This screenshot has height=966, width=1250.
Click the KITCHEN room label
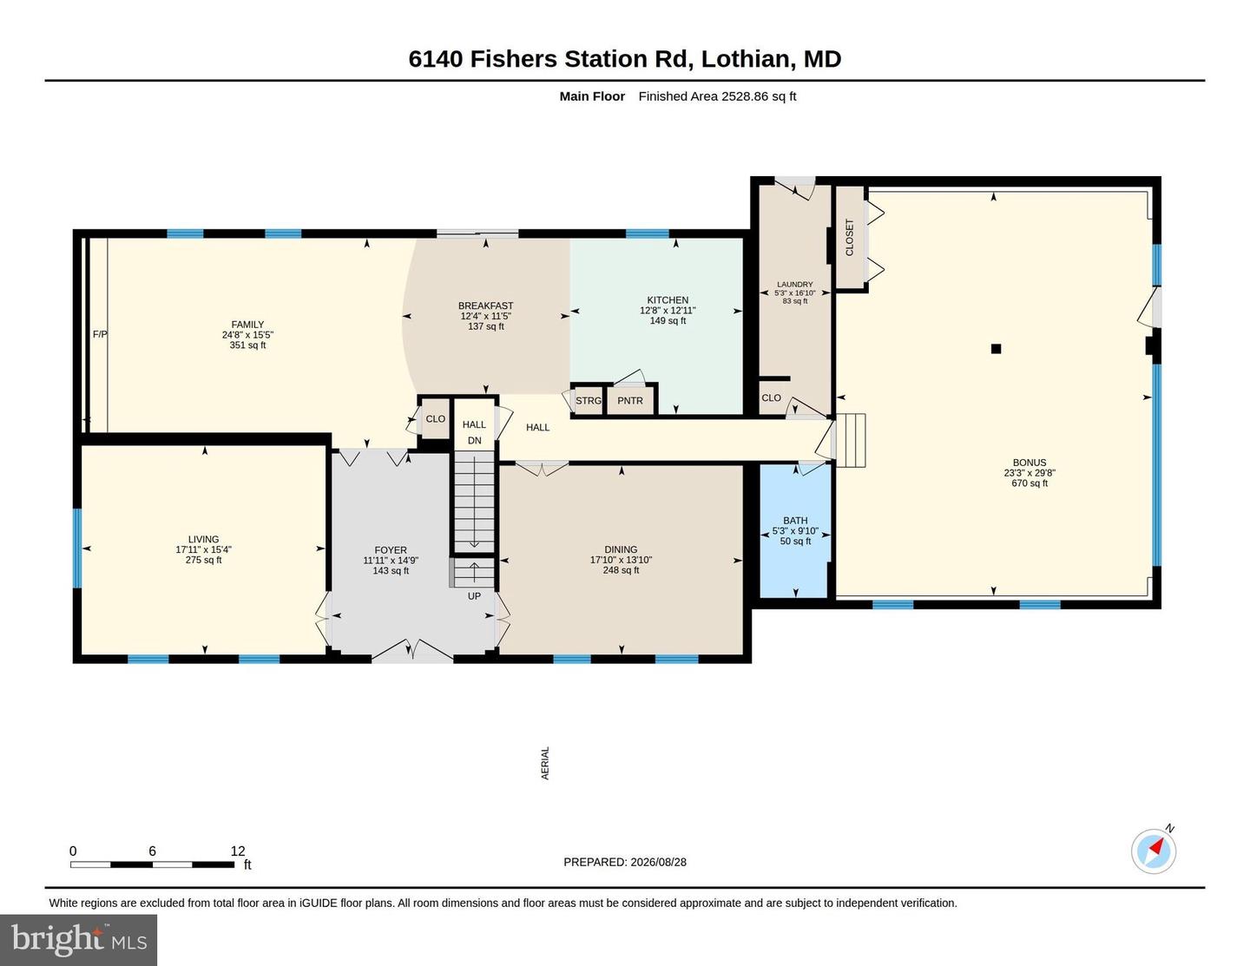[x=668, y=300]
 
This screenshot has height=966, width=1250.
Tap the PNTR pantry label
[x=630, y=401]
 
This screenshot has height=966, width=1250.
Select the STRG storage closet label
[x=589, y=401]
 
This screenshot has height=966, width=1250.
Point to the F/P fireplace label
[x=100, y=334]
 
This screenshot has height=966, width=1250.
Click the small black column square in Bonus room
[x=996, y=348]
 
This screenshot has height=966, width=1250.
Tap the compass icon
[x=1154, y=851]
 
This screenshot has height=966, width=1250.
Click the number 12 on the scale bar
[x=238, y=851]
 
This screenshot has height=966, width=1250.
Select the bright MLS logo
[x=78, y=939]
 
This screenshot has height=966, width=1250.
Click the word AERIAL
[x=545, y=763]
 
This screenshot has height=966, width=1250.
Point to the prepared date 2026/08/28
[x=658, y=862]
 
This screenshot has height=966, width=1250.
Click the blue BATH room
[x=795, y=530]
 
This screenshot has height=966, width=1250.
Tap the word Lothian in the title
[x=745, y=59]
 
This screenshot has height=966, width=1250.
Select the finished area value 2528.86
[x=745, y=96]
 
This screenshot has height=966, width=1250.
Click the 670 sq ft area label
[x=1030, y=483]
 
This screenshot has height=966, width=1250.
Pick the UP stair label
[x=474, y=596]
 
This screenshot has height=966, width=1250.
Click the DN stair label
[x=475, y=440]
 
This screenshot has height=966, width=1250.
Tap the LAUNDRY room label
[x=795, y=284]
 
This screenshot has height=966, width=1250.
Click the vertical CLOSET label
[x=850, y=238]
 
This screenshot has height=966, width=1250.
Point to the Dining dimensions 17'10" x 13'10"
[x=621, y=560]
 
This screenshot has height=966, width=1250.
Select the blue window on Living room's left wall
[x=77, y=548]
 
